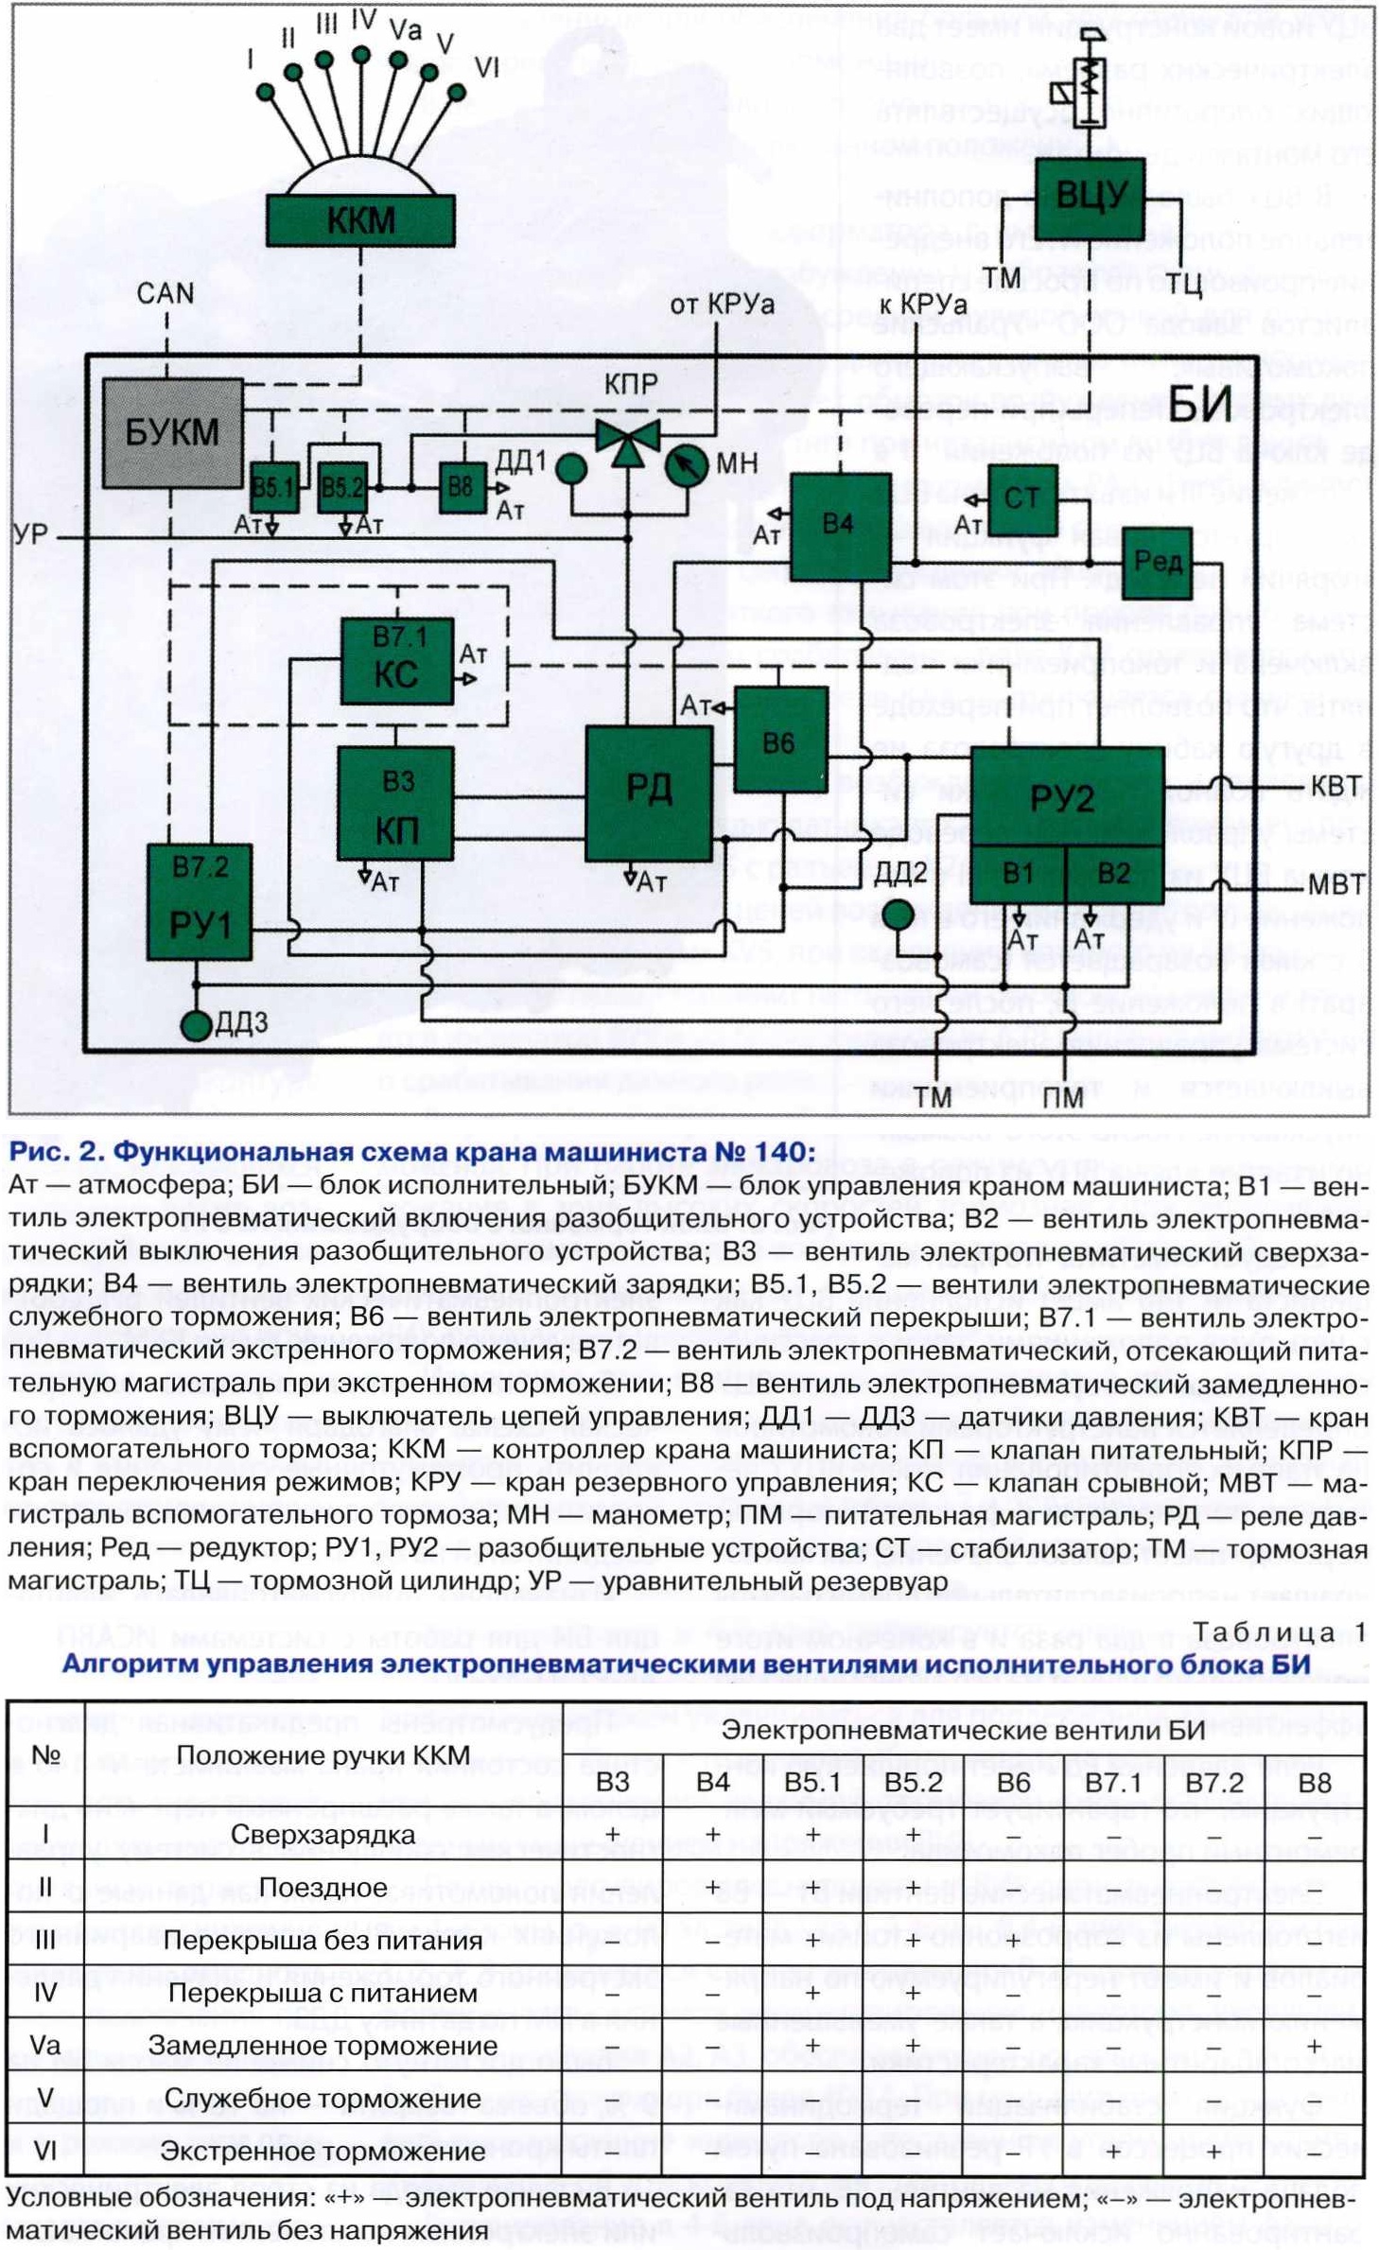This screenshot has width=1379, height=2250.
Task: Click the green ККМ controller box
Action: point(360,220)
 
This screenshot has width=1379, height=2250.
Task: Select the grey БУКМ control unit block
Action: point(172,432)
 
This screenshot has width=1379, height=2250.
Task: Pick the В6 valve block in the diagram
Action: point(780,741)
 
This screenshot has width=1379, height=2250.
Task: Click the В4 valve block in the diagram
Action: point(839,526)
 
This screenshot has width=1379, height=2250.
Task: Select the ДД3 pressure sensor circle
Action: point(197,1024)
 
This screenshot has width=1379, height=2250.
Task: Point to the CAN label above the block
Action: point(165,293)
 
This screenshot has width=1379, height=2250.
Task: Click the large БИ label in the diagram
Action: point(1200,404)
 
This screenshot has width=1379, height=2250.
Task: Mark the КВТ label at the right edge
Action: point(1335,787)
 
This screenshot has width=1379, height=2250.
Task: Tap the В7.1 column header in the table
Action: point(1114,1782)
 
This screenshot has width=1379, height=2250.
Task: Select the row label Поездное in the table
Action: point(323,1887)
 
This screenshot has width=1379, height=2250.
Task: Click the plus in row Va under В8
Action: point(1314,2045)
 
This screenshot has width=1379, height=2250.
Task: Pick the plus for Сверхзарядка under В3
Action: point(613,1834)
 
